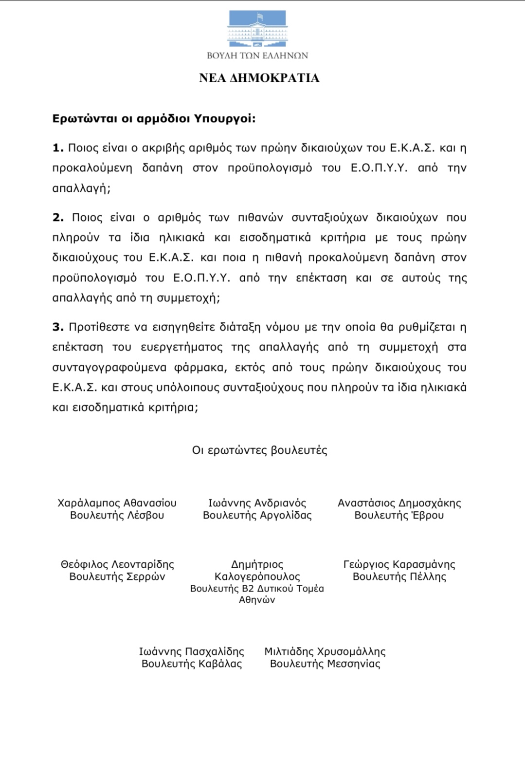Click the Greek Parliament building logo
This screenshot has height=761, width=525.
[x=258, y=29]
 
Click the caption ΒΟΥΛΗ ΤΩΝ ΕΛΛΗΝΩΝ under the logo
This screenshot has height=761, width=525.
[x=257, y=56]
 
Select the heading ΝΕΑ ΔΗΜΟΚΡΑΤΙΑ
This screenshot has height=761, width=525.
[x=259, y=78]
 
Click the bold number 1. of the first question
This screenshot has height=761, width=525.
[x=58, y=148]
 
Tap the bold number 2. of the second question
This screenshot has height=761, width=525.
[x=58, y=217]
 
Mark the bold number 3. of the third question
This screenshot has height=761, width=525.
[x=58, y=327]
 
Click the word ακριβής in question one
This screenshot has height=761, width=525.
[x=162, y=148]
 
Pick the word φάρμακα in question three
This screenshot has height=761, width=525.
[x=205, y=367]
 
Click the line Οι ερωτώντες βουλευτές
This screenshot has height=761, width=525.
[x=259, y=450]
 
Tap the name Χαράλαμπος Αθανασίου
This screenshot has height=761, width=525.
[x=117, y=503]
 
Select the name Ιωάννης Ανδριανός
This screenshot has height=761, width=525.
[x=257, y=503]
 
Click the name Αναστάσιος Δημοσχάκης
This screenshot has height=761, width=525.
[x=399, y=503]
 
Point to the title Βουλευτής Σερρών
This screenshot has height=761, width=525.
[x=117, y=576]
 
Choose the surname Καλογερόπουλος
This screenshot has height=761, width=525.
[x=257, y=576]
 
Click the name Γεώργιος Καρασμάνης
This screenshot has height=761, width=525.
[x=399, y=564]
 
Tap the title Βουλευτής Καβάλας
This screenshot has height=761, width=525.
[x=192, y=664]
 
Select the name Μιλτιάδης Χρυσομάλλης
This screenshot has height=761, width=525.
[x=325, y=651]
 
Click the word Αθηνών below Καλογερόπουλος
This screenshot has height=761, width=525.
[x=257, y=600]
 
